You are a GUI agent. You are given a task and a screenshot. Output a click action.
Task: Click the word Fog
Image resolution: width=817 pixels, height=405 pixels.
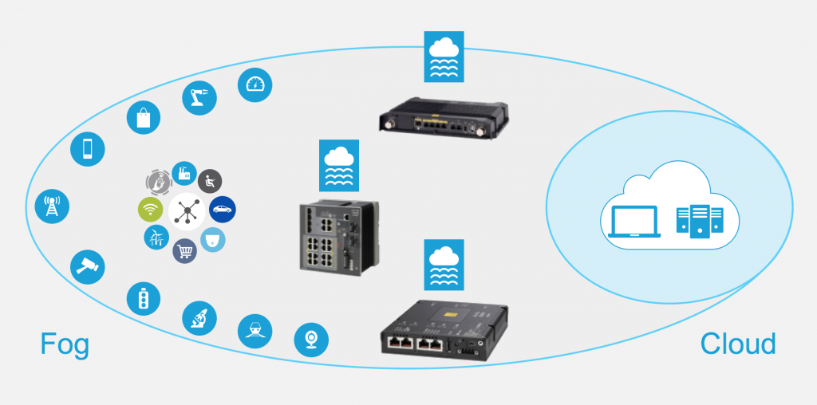coord(65,345)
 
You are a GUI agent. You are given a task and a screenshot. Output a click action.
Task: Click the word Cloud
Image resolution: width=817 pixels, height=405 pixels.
coord(737,344)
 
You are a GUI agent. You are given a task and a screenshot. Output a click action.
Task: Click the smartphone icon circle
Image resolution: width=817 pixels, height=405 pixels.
coord(87,149)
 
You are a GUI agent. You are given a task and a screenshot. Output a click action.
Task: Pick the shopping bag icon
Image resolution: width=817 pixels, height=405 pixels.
coord(144,118)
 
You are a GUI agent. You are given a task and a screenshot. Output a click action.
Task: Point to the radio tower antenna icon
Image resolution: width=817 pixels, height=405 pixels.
coord(53,206)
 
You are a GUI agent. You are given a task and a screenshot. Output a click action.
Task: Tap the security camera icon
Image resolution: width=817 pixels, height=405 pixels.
coord(87,266)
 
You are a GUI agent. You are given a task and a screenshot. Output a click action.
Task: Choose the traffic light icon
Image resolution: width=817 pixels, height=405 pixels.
coord(144,299)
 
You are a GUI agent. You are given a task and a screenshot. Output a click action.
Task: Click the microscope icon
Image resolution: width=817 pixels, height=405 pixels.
coord(199,317)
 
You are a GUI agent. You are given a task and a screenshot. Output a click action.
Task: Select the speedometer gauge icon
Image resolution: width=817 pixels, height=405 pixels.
coord(255,85)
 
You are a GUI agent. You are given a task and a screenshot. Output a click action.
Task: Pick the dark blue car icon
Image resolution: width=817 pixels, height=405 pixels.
coord(222,210)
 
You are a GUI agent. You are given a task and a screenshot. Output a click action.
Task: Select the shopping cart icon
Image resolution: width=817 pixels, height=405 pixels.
coord(185,251)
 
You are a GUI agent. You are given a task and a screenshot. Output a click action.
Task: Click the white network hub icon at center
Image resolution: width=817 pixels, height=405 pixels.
coord(187,211)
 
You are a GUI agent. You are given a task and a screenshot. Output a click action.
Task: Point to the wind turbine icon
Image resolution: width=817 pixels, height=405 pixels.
coord(156,237)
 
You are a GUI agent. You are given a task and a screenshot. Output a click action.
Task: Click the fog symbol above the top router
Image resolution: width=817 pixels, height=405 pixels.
coord(444,57)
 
